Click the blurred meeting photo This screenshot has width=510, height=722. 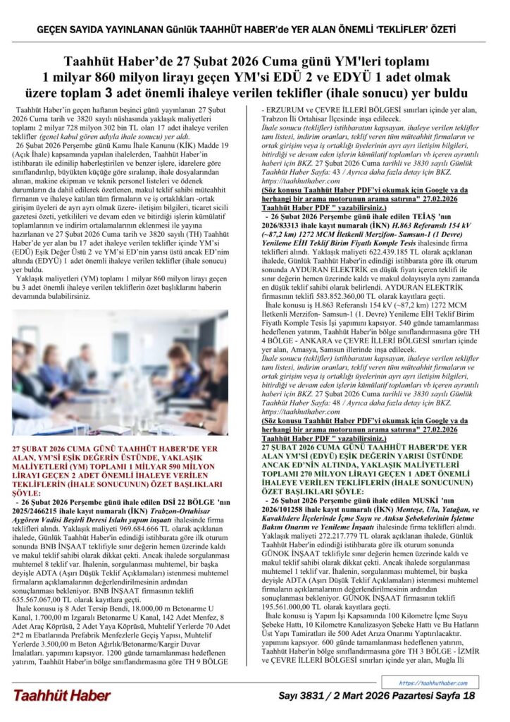(120, 372)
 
